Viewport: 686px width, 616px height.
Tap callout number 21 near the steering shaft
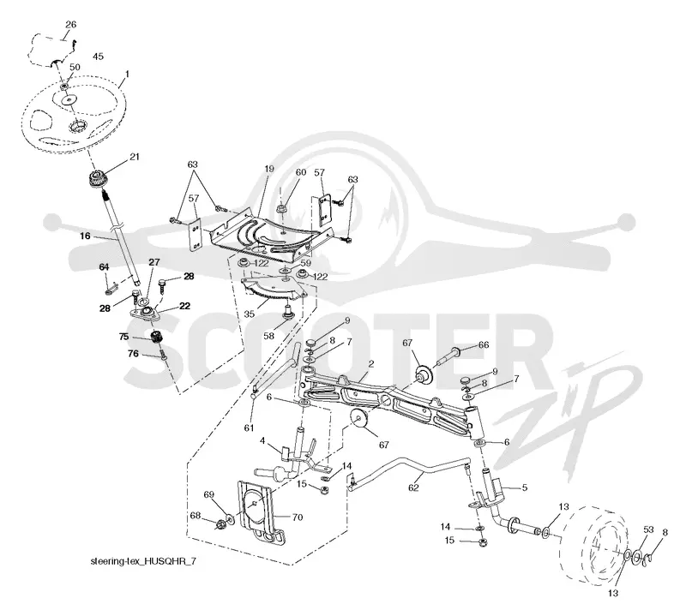pyautogui.click(x=135, y=157)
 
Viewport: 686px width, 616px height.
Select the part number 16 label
pyautogui.click(x=85, y=236)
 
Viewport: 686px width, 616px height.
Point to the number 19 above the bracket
pyautogui.click(x=269, y=169)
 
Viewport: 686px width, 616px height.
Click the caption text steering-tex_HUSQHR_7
pyautogui.click(x=143, y=561)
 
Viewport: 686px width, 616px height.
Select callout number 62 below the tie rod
pyautogui.click(x=413, y=487)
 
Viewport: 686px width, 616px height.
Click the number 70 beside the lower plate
pyautogui.click(x=297, y=517)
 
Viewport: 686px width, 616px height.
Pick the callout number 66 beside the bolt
pyautogui.click(x=484, y=345)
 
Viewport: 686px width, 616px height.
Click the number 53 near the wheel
pyautogui.click(x=648, y=529)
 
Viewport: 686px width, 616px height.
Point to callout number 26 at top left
pyautogui.click(x=70, y=25)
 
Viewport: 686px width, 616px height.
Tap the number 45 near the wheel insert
pyautogui.click(x=98, y=57)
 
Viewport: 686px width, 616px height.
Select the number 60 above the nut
pyautogui.click(x=301, y=172)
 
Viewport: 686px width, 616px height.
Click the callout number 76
pyautogui.click(x=133, y=354)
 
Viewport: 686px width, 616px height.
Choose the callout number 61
pyautogui.click(x=249, y=428)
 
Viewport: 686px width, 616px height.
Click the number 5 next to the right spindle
pyautogui.click(x=525, y=487)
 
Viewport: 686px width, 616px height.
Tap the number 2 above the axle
pyautogui.click(x=371, y=364)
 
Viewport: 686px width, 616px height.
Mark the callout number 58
pyautogui.click(x=268, y=336)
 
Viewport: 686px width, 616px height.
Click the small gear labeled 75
pyautogui.click(x=156, y=337)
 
